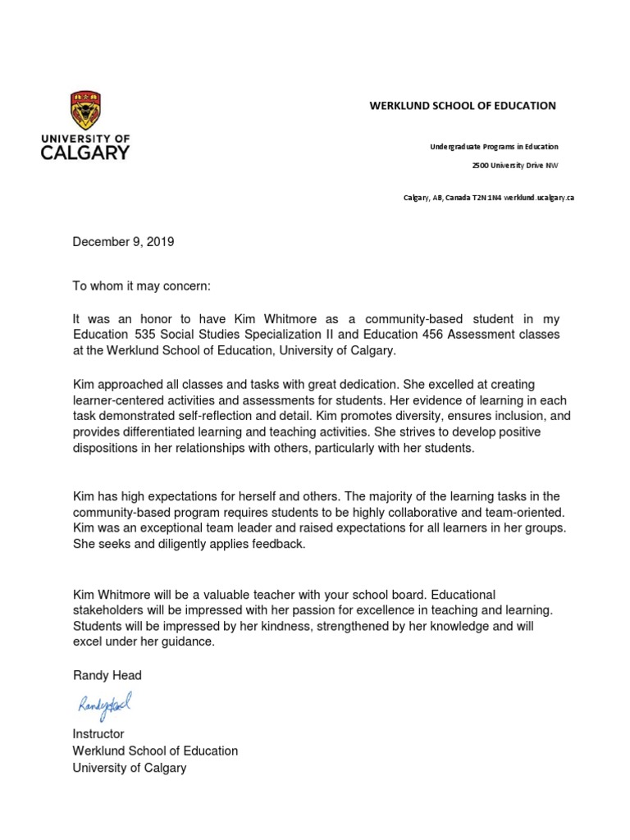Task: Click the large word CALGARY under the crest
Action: [x=84, y=153]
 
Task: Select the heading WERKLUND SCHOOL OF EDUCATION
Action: [x=462, y=106]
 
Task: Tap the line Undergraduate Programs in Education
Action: [x=494, y=147]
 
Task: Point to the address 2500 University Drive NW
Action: [x=514, y=165]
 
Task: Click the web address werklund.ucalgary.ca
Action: [x=539, y=198]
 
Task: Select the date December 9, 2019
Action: [x=123, y=242]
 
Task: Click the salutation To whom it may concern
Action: [x=142, y=286]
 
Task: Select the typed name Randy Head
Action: [x=107, y=675]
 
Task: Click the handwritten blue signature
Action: [x=104, y=704]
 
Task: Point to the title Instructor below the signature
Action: [x=98, y=733]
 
